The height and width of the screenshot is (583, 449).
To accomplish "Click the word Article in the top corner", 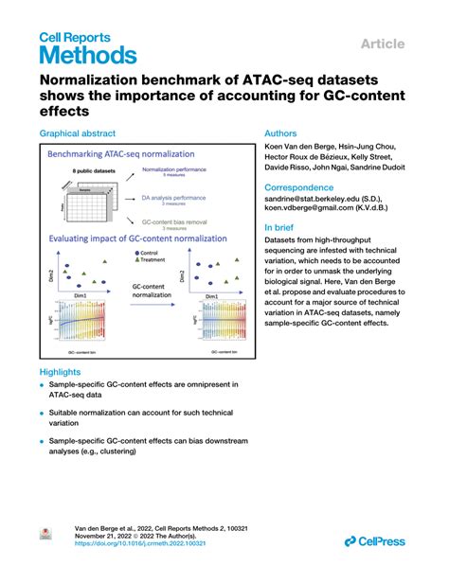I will tap(383, 44).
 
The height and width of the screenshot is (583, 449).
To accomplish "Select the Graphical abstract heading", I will tap(78, 135).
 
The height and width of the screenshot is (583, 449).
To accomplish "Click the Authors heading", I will tap(283, 134).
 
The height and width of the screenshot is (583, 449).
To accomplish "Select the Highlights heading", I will tap(61, 372).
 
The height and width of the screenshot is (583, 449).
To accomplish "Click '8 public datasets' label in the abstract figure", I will tap(96, 170).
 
